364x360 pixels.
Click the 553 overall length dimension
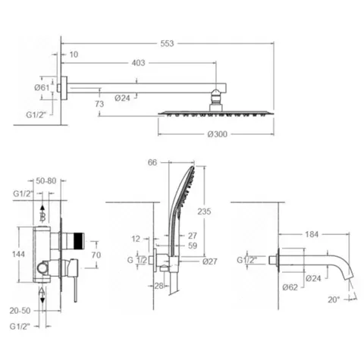click(x=167, y=43)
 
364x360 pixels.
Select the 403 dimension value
click(x=138, y=63)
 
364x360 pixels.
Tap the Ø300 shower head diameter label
click(x=218, y=134)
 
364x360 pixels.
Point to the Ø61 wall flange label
click(x=42, y=88)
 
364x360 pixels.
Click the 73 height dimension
click(x=99, y=104)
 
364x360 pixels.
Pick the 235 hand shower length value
click(x=204, y=211)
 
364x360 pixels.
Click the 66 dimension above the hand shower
click(x=152, y=162)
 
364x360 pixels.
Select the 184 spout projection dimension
click(x=312, y=234)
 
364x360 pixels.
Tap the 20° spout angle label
click(x=334, y=300)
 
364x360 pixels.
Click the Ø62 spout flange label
click(x=290, y=287)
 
